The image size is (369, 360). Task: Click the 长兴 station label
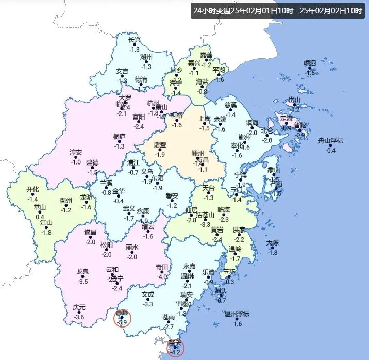coord(134,40)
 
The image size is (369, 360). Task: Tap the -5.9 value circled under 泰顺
coord(123,323)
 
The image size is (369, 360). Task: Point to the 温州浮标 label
coord(237,314)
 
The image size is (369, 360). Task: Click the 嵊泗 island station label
coord(309,63)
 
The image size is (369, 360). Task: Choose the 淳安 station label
coord(76,153)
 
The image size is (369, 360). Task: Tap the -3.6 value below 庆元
coord(79,317)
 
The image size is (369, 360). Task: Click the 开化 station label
coord(33,189)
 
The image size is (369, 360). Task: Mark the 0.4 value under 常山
coord(40,217)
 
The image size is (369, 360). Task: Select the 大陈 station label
coord(273,243)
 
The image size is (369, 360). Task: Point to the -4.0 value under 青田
coord(163,277)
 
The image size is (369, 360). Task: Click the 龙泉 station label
coord(82,272)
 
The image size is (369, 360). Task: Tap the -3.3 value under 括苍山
coord(206,224)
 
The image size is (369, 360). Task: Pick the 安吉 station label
coord(122,71)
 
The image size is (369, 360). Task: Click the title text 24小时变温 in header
coord(212,10)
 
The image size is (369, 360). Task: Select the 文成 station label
coord(148,294)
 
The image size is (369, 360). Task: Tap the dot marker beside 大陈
coord(273,248)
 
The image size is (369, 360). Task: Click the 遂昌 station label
coord(90,233)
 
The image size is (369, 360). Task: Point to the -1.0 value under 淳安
coord(76,162)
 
